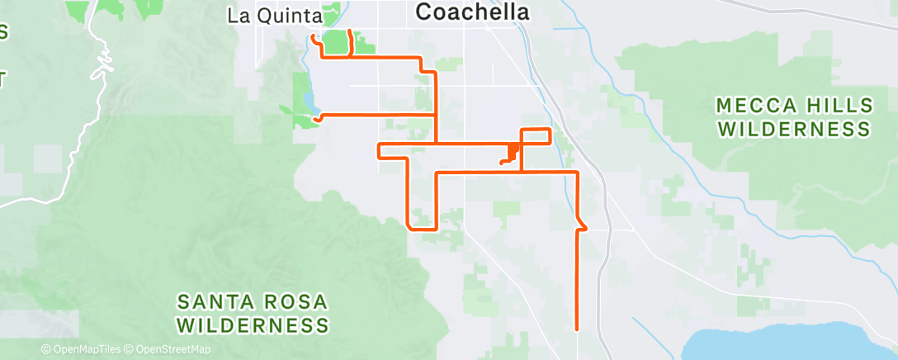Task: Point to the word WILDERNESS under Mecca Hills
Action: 794,130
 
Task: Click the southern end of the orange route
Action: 575,328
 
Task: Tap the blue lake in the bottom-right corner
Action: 792,343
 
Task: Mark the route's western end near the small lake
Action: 315,119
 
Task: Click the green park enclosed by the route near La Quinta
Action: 336,44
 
